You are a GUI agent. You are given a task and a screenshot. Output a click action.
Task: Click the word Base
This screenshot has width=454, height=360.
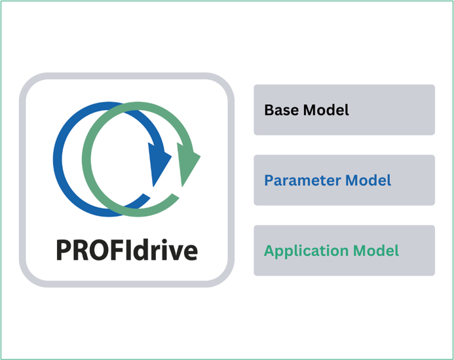(281, 110)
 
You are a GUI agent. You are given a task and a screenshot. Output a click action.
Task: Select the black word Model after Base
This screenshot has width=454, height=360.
(326, 110)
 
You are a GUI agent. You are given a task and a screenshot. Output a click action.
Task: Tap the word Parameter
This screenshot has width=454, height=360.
(302, 180)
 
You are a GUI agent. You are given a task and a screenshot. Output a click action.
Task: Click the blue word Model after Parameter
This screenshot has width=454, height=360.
(368, 180)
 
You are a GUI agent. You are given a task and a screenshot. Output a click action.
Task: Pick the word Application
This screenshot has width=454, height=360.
(306, 251)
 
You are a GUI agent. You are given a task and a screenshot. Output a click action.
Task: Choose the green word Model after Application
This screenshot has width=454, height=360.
(376, 250)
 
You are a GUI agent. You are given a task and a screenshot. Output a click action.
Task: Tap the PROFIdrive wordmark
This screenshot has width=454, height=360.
(127, 249)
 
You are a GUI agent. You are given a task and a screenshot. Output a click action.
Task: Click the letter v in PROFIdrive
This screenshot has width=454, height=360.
(172, 253)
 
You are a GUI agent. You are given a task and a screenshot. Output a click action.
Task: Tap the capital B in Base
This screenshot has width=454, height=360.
(269, 110)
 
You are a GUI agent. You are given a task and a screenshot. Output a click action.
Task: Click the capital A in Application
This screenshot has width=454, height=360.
(269, 251)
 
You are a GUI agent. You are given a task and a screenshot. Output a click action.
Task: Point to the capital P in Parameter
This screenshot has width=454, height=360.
(269, 180)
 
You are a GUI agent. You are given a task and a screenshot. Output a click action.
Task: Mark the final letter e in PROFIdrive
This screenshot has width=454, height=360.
(189, 253)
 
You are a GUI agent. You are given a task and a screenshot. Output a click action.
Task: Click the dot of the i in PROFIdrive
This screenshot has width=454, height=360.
(159, 240)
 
